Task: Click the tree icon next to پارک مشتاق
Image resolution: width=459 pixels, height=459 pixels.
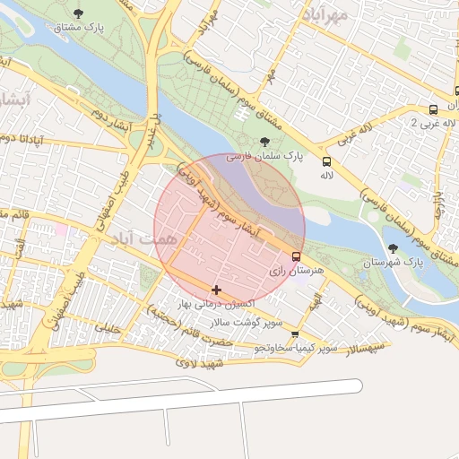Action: pyautogui.click(x=81, y=13)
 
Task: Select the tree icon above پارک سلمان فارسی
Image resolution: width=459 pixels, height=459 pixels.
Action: pyautogui.click(x=264, y=142)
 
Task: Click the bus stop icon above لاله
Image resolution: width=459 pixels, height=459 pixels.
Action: pyautogui.click(x=325, y=162)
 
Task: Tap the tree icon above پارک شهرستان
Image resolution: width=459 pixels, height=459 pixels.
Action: pyautogui.click(x=392, y=248)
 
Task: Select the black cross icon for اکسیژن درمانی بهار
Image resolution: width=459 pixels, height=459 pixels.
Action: pyautogui.click(x=216, y=290)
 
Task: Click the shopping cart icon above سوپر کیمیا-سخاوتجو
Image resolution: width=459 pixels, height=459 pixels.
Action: pyautogui.click(x=295, y=334)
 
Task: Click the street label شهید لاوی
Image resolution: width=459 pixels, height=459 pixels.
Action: pyautogui.click(x=199, y=363)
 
